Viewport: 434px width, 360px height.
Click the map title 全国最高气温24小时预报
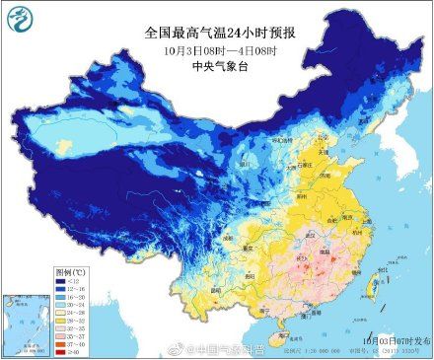[x=216, y=30]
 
